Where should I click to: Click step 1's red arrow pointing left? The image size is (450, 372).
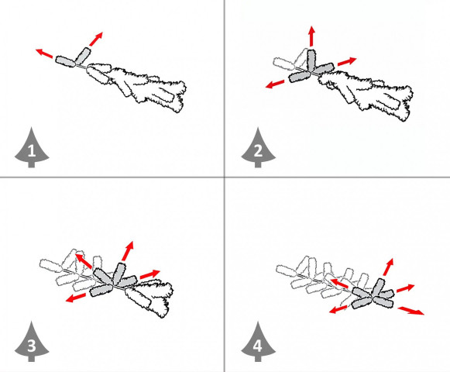pyautogui.click(x=44, y=53)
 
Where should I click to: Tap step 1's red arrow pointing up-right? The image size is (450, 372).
pyautogui.click(x=96, y=39)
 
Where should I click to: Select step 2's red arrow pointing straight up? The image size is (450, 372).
pyautogui.click(x=312, y=36)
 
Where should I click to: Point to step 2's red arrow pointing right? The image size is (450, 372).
pyautogui.click(x=347, y=61)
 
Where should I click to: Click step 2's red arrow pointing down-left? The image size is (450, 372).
pyautogui.click(x=275, y=84)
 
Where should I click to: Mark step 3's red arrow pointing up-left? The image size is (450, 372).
pyautogui.click(x=84, y=261)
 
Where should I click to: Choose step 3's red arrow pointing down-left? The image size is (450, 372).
pyautogui.click(x=76, y=298)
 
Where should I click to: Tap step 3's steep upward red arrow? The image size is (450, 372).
pyautogui.click(x=128, y=251)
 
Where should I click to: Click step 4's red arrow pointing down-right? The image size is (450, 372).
pyautogui.click(x=411, y=311)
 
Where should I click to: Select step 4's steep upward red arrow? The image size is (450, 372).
pyautogui.click(x=388, y=267)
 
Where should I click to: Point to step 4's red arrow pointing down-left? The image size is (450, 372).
pyautogui.click(x=338, y=309)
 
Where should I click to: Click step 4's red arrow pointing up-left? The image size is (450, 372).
pyautogui.click(x=339, y=283)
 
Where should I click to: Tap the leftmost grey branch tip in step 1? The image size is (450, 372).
pyautogui.click(x=65, y=61)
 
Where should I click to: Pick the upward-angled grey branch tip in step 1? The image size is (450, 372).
pyautogui.click(x=83, y=56)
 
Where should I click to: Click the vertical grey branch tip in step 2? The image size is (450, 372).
pyautogui.click(x=311, y=60)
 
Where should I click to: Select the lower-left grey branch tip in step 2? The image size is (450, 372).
pyautogui.click(x=300, y=77)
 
